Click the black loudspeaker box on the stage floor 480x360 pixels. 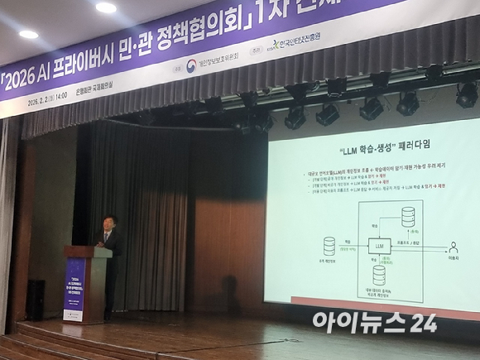click(36, 300)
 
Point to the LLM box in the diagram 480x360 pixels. click(380, 247)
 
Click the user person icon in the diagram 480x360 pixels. click(453, 247)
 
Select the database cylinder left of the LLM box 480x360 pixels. click(329, 246)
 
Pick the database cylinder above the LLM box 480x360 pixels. click(408, 218)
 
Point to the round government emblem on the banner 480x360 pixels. click(190, 65)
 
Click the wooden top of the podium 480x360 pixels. click(88, 250)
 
